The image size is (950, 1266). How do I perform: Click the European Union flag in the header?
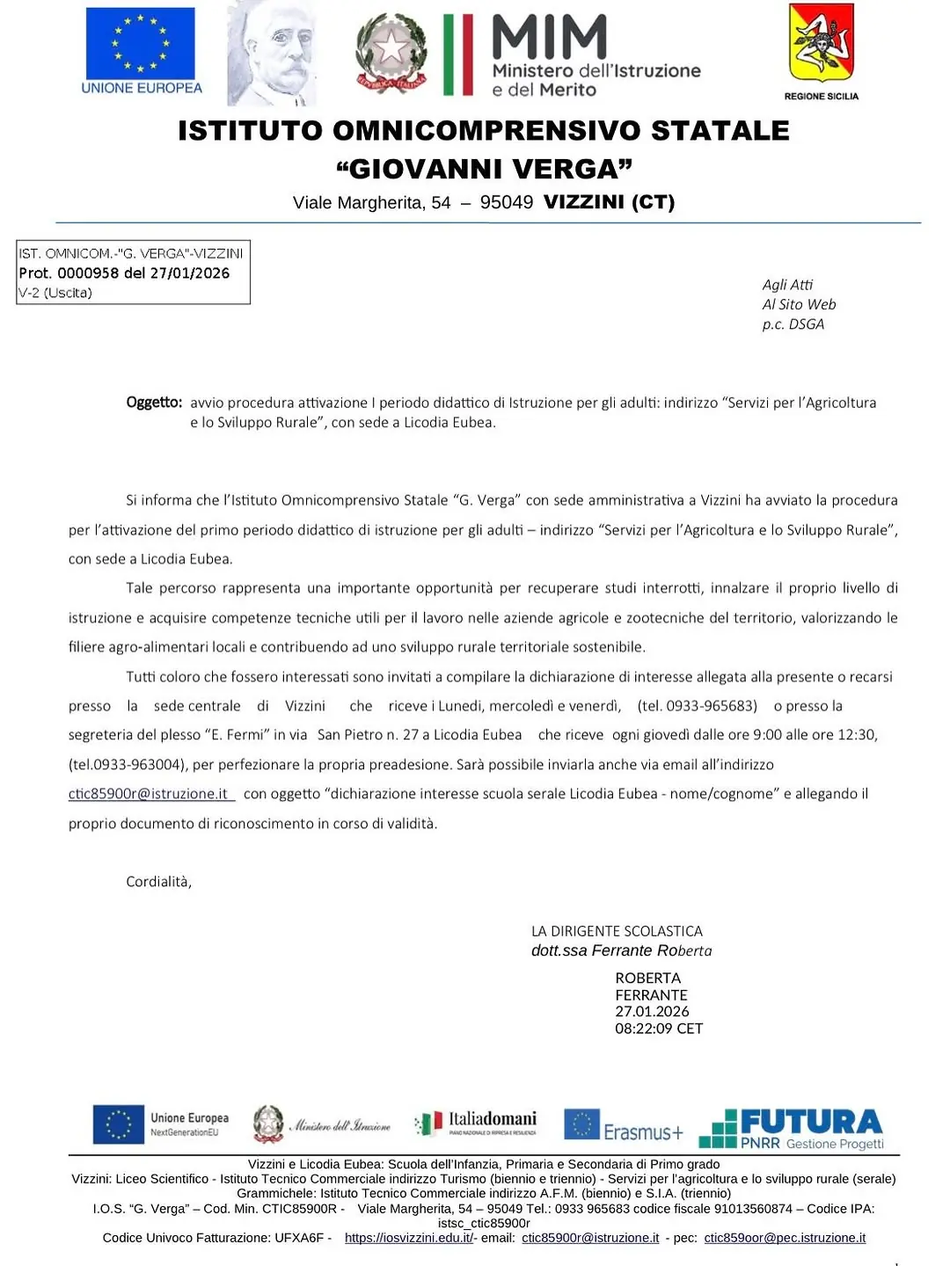tap(140, 43)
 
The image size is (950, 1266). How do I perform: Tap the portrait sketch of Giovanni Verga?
tap(272, 54)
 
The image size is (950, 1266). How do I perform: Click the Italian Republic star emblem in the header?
tap(391, 54)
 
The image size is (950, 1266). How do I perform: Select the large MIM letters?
tap(550, 37)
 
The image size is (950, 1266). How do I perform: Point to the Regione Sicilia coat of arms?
tap(821, 43)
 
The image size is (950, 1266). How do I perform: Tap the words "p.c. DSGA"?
tap(793, 324)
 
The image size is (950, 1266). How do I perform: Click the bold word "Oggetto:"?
tap(154, 403)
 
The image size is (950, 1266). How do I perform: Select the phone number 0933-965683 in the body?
tap(711, 706)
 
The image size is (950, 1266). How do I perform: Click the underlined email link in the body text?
tap(149, 794)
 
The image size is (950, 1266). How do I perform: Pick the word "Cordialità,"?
tap(158, 882)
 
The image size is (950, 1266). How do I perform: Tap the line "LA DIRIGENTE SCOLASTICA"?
tap(617, 931)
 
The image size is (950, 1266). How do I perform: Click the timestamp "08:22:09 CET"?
tap(659, 1029)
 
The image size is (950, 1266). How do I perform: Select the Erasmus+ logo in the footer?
tap(624, 1126)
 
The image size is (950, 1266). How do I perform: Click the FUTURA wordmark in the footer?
tap(811, 1122)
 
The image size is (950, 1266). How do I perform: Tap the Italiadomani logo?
tap(476, 1123)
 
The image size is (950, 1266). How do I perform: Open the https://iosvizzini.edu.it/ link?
tap(409, 1238)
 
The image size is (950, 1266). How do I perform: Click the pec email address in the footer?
tap(785, 1238)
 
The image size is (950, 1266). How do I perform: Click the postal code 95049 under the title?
tap(507, 203)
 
